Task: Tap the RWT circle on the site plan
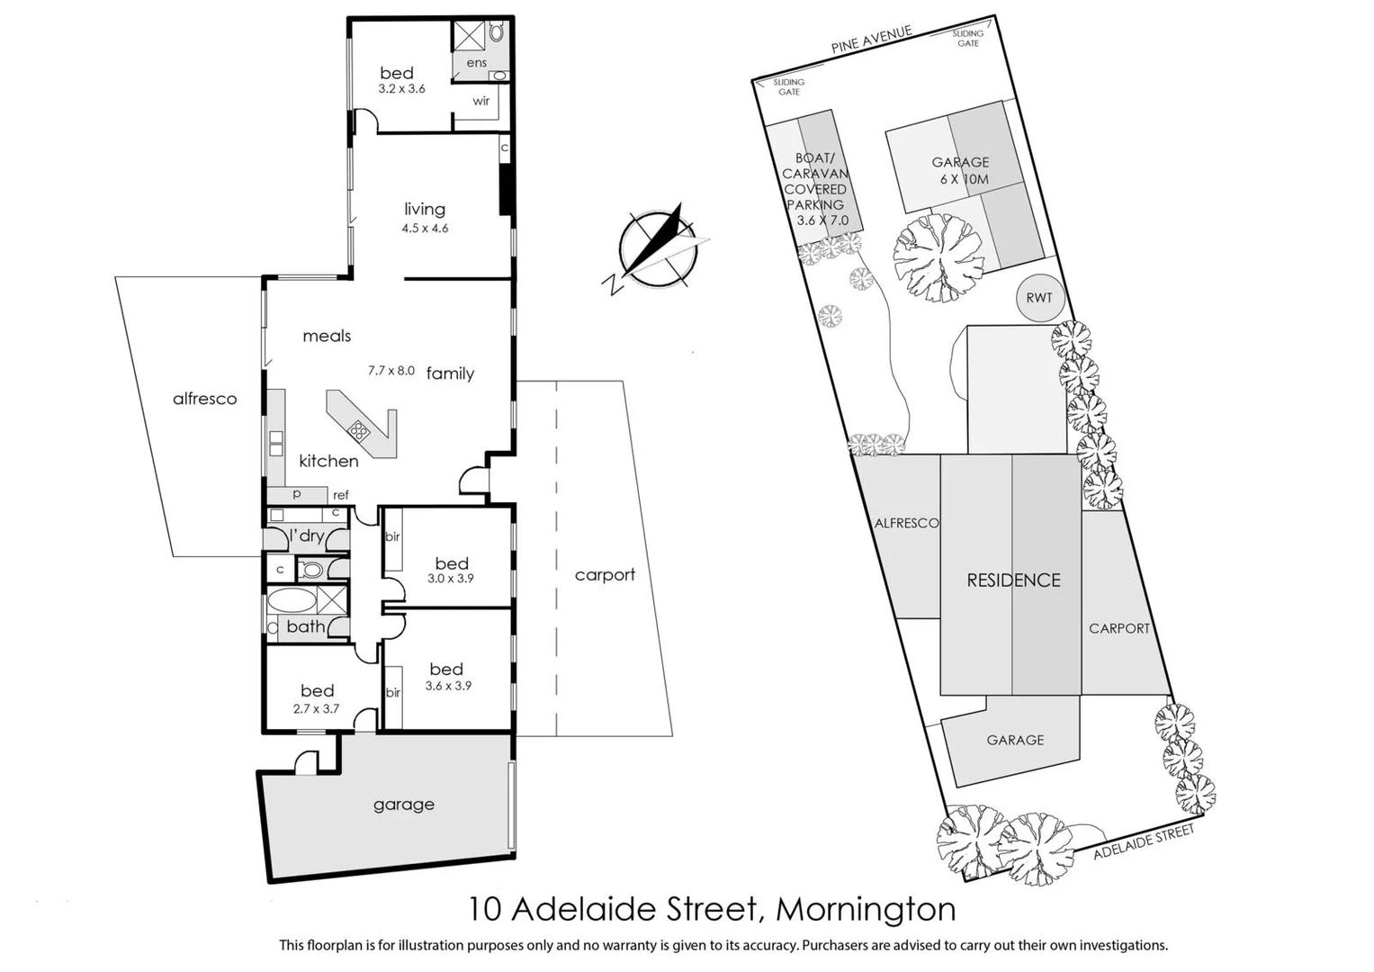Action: pyautogui.click(x=1038, y=298)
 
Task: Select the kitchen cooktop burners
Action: pyautogui.click(x=359, y=430)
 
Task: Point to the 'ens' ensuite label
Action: pyautogui.click(x=477, y=63)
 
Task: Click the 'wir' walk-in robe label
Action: pyautogui.click(x=481, y=101)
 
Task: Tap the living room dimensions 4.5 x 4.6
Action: pyautogui.click(x=425, y=229)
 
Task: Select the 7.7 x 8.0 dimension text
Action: pyautogui.click(x=391, y=370)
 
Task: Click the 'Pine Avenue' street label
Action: pyautogui.click(x=870, y=40)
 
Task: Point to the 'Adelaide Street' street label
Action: pyautogui.click(x=1144, y=841)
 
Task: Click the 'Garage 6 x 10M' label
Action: pyautogui.click(x=960, y=170)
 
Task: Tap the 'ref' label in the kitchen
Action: pyautogui.click(x=341, y=495)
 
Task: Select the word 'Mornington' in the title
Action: pyautogui.click(x=866, y=909)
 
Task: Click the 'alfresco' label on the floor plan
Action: pyautogui.click(x=205, y=399)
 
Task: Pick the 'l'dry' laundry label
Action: pyautogui.click(x=307, y=536)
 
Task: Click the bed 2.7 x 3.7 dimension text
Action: pyautogui.click(x=317, y=709)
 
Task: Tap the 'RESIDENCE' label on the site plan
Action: pyautogui.click(x=1013, y=580)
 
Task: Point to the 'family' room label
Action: pyautogui.click(x=450, y=373)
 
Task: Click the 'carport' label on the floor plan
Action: pyautogui.click(x=605, y=574)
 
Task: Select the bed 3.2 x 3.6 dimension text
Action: pyautogui.click(x=401, y=89)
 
